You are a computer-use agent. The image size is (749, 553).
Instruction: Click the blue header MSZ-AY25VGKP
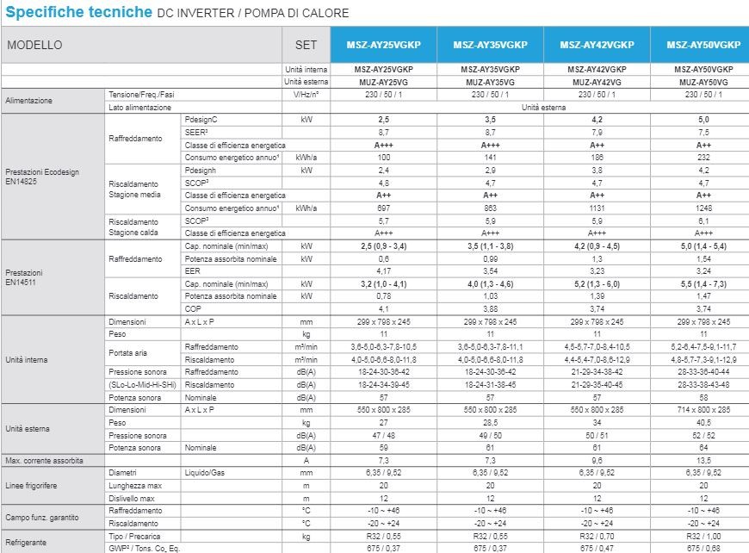[383, 45]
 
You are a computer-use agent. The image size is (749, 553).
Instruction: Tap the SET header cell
[306, 45]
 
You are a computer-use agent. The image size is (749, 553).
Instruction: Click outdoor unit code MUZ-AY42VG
[597, 82]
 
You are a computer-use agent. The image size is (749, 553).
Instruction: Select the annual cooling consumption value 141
[490, 158]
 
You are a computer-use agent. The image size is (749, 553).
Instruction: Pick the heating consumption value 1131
[597, 208]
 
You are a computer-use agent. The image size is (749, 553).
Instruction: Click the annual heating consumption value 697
[383, 208]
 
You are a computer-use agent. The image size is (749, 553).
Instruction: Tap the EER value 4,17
[383, 270]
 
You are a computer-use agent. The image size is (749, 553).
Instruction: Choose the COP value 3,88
[490, 308]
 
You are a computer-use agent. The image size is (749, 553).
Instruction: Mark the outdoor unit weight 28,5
[490, 423]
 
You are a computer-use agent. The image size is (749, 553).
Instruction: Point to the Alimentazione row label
[29, 101]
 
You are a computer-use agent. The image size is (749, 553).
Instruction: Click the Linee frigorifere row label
[33, 486]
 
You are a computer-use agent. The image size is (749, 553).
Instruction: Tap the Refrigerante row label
[27, 542]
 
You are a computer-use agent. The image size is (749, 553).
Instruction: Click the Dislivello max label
[132, 499]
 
